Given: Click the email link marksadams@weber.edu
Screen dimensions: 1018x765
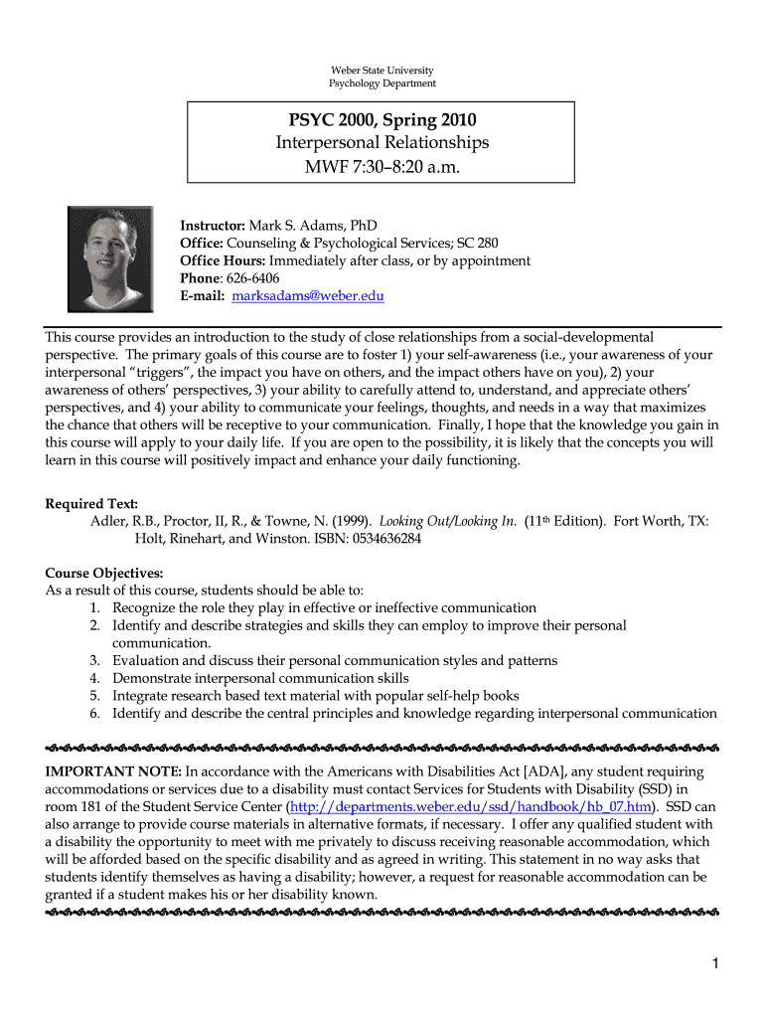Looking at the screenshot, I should coord(308,296).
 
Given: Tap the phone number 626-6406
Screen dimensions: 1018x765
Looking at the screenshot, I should coord(251,278).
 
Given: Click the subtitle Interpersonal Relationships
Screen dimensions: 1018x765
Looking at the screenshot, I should coord(382,143).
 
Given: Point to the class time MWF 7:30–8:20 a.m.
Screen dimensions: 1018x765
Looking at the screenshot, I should coord(382,166).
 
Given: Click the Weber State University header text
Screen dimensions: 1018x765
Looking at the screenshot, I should coord(382,70).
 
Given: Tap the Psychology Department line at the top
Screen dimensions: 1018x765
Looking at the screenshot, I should coord(382,83).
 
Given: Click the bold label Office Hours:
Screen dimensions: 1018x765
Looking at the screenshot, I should coord(223,260).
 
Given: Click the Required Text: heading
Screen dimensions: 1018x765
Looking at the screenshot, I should coord(91,504).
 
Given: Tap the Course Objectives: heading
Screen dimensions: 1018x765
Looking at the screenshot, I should coord(104,573).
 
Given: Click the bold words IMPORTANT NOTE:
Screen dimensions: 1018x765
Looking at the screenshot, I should coord(113,771).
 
